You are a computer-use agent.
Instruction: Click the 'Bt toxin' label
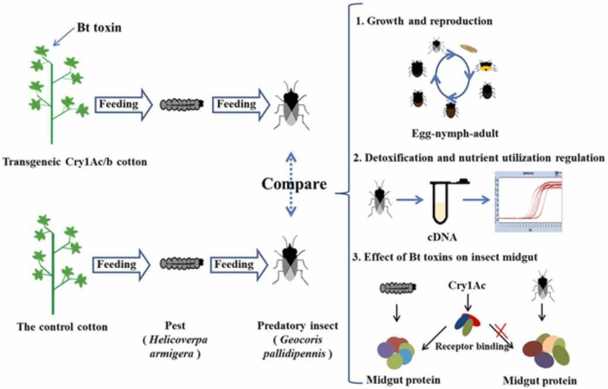pos(99,28)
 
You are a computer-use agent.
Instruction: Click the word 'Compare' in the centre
pos(294,184)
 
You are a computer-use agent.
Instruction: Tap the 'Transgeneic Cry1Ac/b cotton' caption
pos(75,162)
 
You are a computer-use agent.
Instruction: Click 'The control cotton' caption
pos(62,327)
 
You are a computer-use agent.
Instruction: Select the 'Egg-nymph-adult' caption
pos(455,133)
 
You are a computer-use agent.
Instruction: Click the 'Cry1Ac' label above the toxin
pos(467,286)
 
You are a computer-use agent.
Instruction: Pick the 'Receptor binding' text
pos(471,346)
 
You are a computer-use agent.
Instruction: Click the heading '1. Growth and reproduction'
pos(424,21)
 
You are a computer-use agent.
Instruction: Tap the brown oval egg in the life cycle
pos(468,47)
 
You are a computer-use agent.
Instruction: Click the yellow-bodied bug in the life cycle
pos(486,67)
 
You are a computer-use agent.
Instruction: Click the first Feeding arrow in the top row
pos(123,104)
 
